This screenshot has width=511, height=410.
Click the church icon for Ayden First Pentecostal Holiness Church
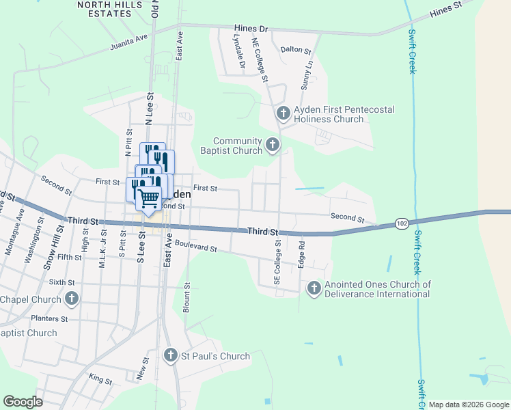(283, 113)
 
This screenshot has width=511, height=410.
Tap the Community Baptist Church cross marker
(273, 144)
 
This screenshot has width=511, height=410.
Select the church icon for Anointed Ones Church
(314, 288)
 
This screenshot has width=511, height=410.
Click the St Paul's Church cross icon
(171, 355)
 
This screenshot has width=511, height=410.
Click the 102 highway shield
(402, 223)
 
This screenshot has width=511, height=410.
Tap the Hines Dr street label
(251, 29)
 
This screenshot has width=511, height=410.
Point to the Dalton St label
(296, 51)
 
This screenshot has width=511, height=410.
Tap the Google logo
(23, 402)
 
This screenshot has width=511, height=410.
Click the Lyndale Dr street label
(239, 52)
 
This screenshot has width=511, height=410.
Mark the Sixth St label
(61, 282)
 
